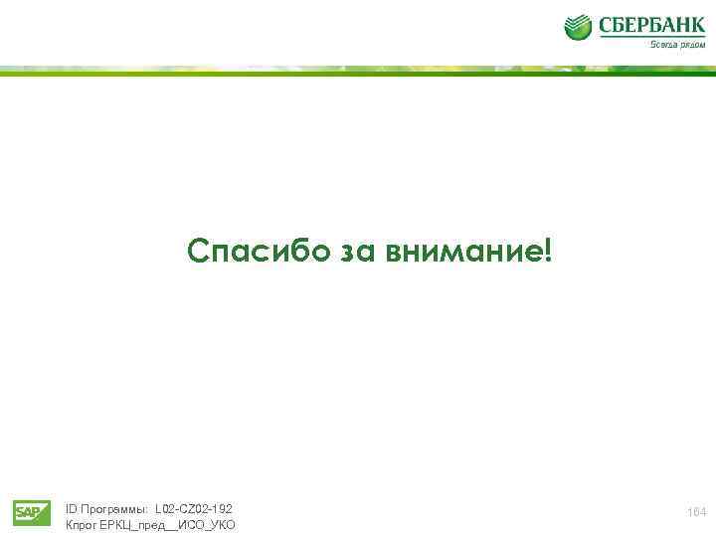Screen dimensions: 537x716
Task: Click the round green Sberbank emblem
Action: click(x=579, y=28)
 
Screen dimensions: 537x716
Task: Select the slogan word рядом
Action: click(x=692, y=44)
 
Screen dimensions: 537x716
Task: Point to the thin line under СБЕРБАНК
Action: click(x=651, y=38)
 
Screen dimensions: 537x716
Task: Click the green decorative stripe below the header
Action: click(x=358, y=71)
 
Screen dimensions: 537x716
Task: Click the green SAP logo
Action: click(x=32, y=512)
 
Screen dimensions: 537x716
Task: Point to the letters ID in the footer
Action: click(x=71, y=508)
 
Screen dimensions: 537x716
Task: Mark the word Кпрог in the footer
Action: click(x=81, y=524)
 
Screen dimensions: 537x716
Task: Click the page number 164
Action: click(x=696, y=511)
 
